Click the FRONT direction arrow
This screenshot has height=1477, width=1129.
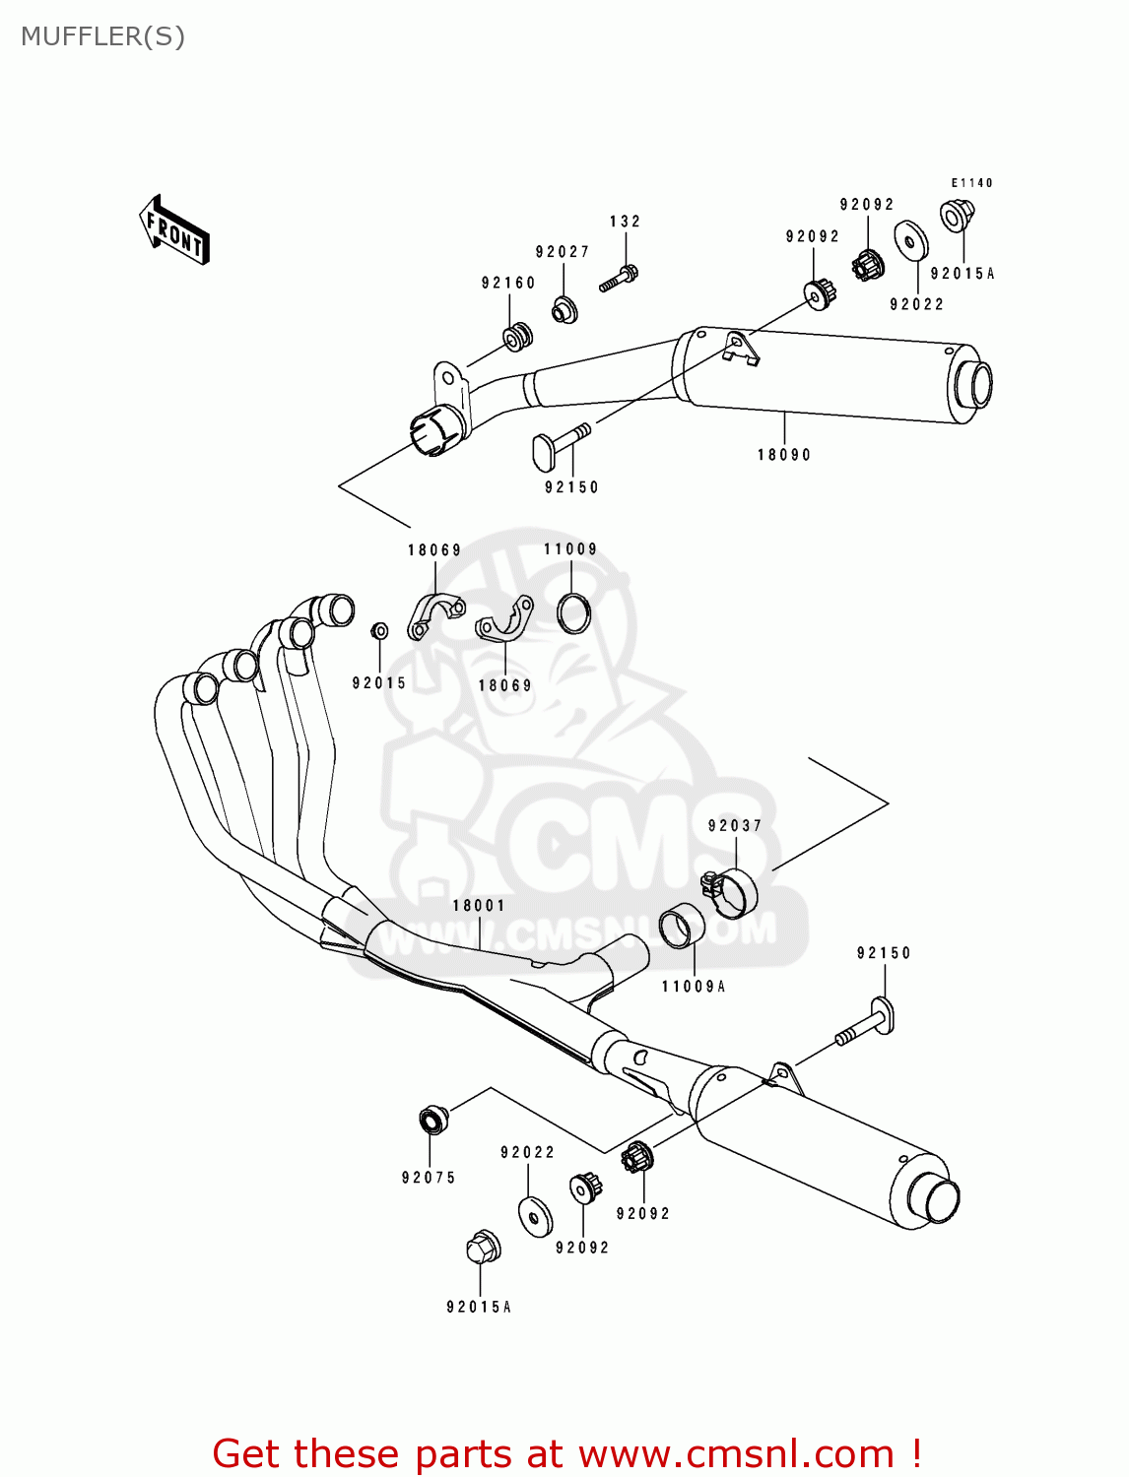[174, 228]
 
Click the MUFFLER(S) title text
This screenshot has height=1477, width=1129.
[102, 36]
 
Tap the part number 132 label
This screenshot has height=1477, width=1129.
[625, 222]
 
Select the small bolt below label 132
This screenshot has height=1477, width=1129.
[619, 279]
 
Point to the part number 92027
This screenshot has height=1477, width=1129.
[563, 252]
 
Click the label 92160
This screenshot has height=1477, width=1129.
[508, 283]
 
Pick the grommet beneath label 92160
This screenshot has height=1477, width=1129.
[517, 336]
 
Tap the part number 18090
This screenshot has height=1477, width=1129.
[784, 455]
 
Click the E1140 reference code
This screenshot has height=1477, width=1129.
[971, 183]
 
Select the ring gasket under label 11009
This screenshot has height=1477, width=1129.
[574, 613]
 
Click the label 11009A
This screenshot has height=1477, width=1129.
[693, 987]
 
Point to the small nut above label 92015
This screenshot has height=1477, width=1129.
[378, 630]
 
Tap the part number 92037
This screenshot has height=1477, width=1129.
[735, 826]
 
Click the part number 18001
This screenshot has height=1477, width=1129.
[479, 906]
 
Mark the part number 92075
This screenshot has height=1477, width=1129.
[429, 1178]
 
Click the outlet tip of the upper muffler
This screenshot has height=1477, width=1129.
[973, 385]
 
